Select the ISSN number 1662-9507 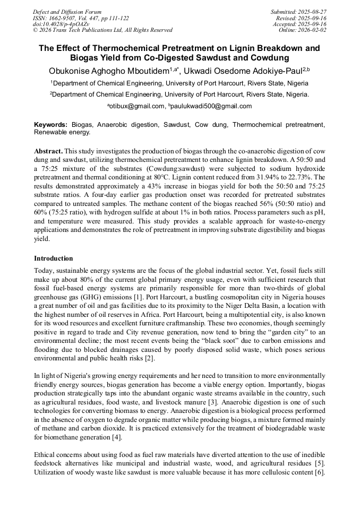(x=67, y=18)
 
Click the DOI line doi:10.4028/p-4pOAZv (x=62, y=24)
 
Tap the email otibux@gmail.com (x=138, y=106)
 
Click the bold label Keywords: (x=51, y=125)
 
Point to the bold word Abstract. (x=48, y=151)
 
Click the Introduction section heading (x=54, y=258)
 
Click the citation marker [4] (x=116, y=437)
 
